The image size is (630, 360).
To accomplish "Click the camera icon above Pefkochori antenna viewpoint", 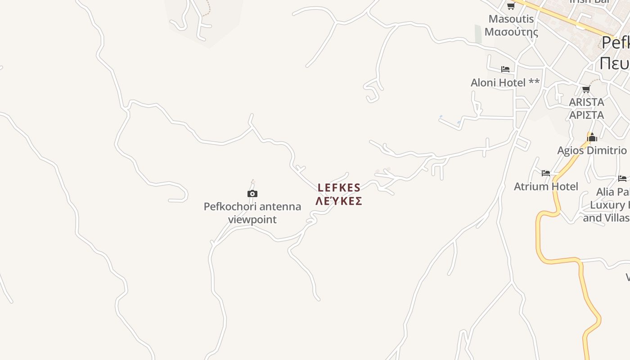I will pos(252,194).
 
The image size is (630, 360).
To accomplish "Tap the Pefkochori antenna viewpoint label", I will pos(252,213).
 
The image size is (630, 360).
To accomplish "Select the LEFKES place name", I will pos(339,188).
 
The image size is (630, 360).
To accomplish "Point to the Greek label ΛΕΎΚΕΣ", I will pos(339,201).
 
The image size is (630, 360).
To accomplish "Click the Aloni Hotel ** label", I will pos(505,83).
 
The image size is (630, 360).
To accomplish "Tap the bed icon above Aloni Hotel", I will pos(505,69).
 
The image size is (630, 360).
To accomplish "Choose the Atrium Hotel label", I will pos(546,186).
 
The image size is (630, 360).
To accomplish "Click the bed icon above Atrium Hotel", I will pos(546,173).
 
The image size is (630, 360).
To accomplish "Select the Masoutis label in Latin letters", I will pos(511,19).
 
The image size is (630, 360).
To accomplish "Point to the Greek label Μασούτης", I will pos(511,32).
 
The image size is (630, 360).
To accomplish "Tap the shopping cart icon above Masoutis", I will pos(511,6).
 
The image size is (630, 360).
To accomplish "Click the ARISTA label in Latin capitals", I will pos(586,102).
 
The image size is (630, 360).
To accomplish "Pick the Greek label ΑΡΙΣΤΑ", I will pos(586,115).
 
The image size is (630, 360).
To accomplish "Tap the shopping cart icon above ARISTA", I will pos(586,89).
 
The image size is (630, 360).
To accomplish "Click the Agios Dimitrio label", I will pos(592,150).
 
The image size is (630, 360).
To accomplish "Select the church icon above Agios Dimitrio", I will pos(592,137).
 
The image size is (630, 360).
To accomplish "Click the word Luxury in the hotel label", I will pos(607,205).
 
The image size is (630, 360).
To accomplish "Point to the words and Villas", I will pos(606,218).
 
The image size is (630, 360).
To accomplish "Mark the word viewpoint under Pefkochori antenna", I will pos(252,220).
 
